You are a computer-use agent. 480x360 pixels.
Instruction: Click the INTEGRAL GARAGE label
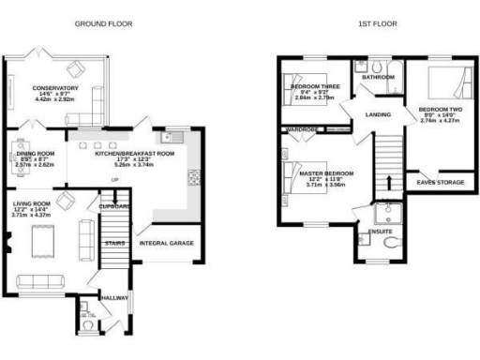(167, 243)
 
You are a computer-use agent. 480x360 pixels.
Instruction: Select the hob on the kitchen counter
(194, 176)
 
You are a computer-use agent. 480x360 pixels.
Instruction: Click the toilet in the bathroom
(374, 67)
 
